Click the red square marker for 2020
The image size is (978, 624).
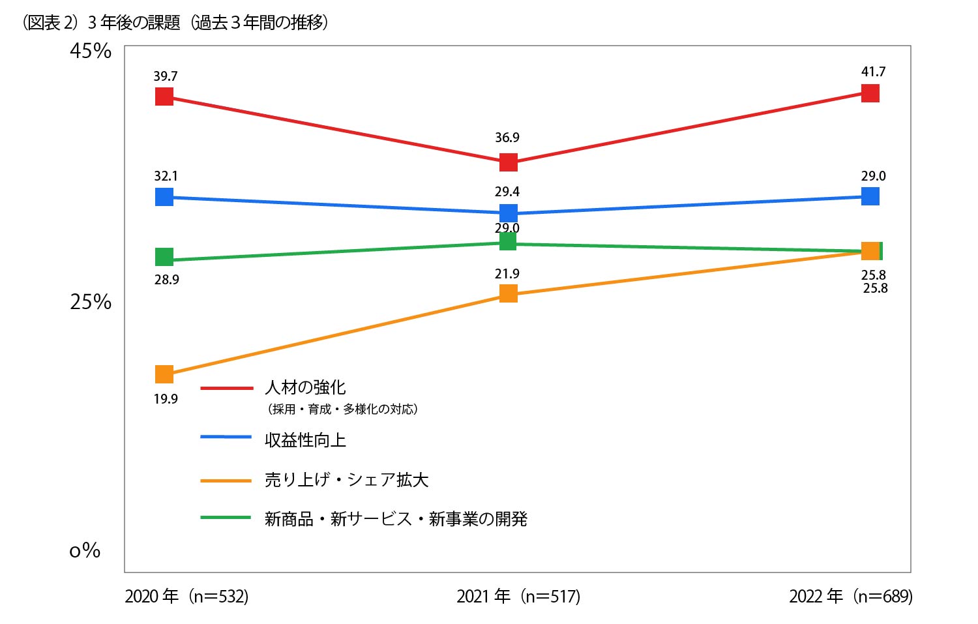click(164, 97)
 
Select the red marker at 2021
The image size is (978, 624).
click(508, 162)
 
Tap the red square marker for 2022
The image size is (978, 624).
click(870, 93)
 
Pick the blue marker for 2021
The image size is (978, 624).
click(508, 213)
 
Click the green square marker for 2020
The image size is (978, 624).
click(164, 257)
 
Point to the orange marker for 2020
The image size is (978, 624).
click(164, 374)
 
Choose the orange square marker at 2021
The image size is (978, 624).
click(508, 293)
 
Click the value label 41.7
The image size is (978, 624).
click(873, 72)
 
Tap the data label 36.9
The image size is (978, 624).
click(507, 138)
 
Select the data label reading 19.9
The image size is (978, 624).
click(166, 399)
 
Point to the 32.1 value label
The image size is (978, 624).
click(166, 176)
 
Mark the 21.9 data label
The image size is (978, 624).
click(507, 274)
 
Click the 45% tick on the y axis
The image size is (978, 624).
click(91, 51)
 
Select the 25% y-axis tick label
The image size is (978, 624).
click(91, 302)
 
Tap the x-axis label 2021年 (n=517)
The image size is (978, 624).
click(518, 596)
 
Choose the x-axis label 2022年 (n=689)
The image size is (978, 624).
click(851, 596)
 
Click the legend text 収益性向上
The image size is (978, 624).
click(305, 440)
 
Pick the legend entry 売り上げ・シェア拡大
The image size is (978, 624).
click(346, 480)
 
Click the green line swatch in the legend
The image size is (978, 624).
click(226, 518)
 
